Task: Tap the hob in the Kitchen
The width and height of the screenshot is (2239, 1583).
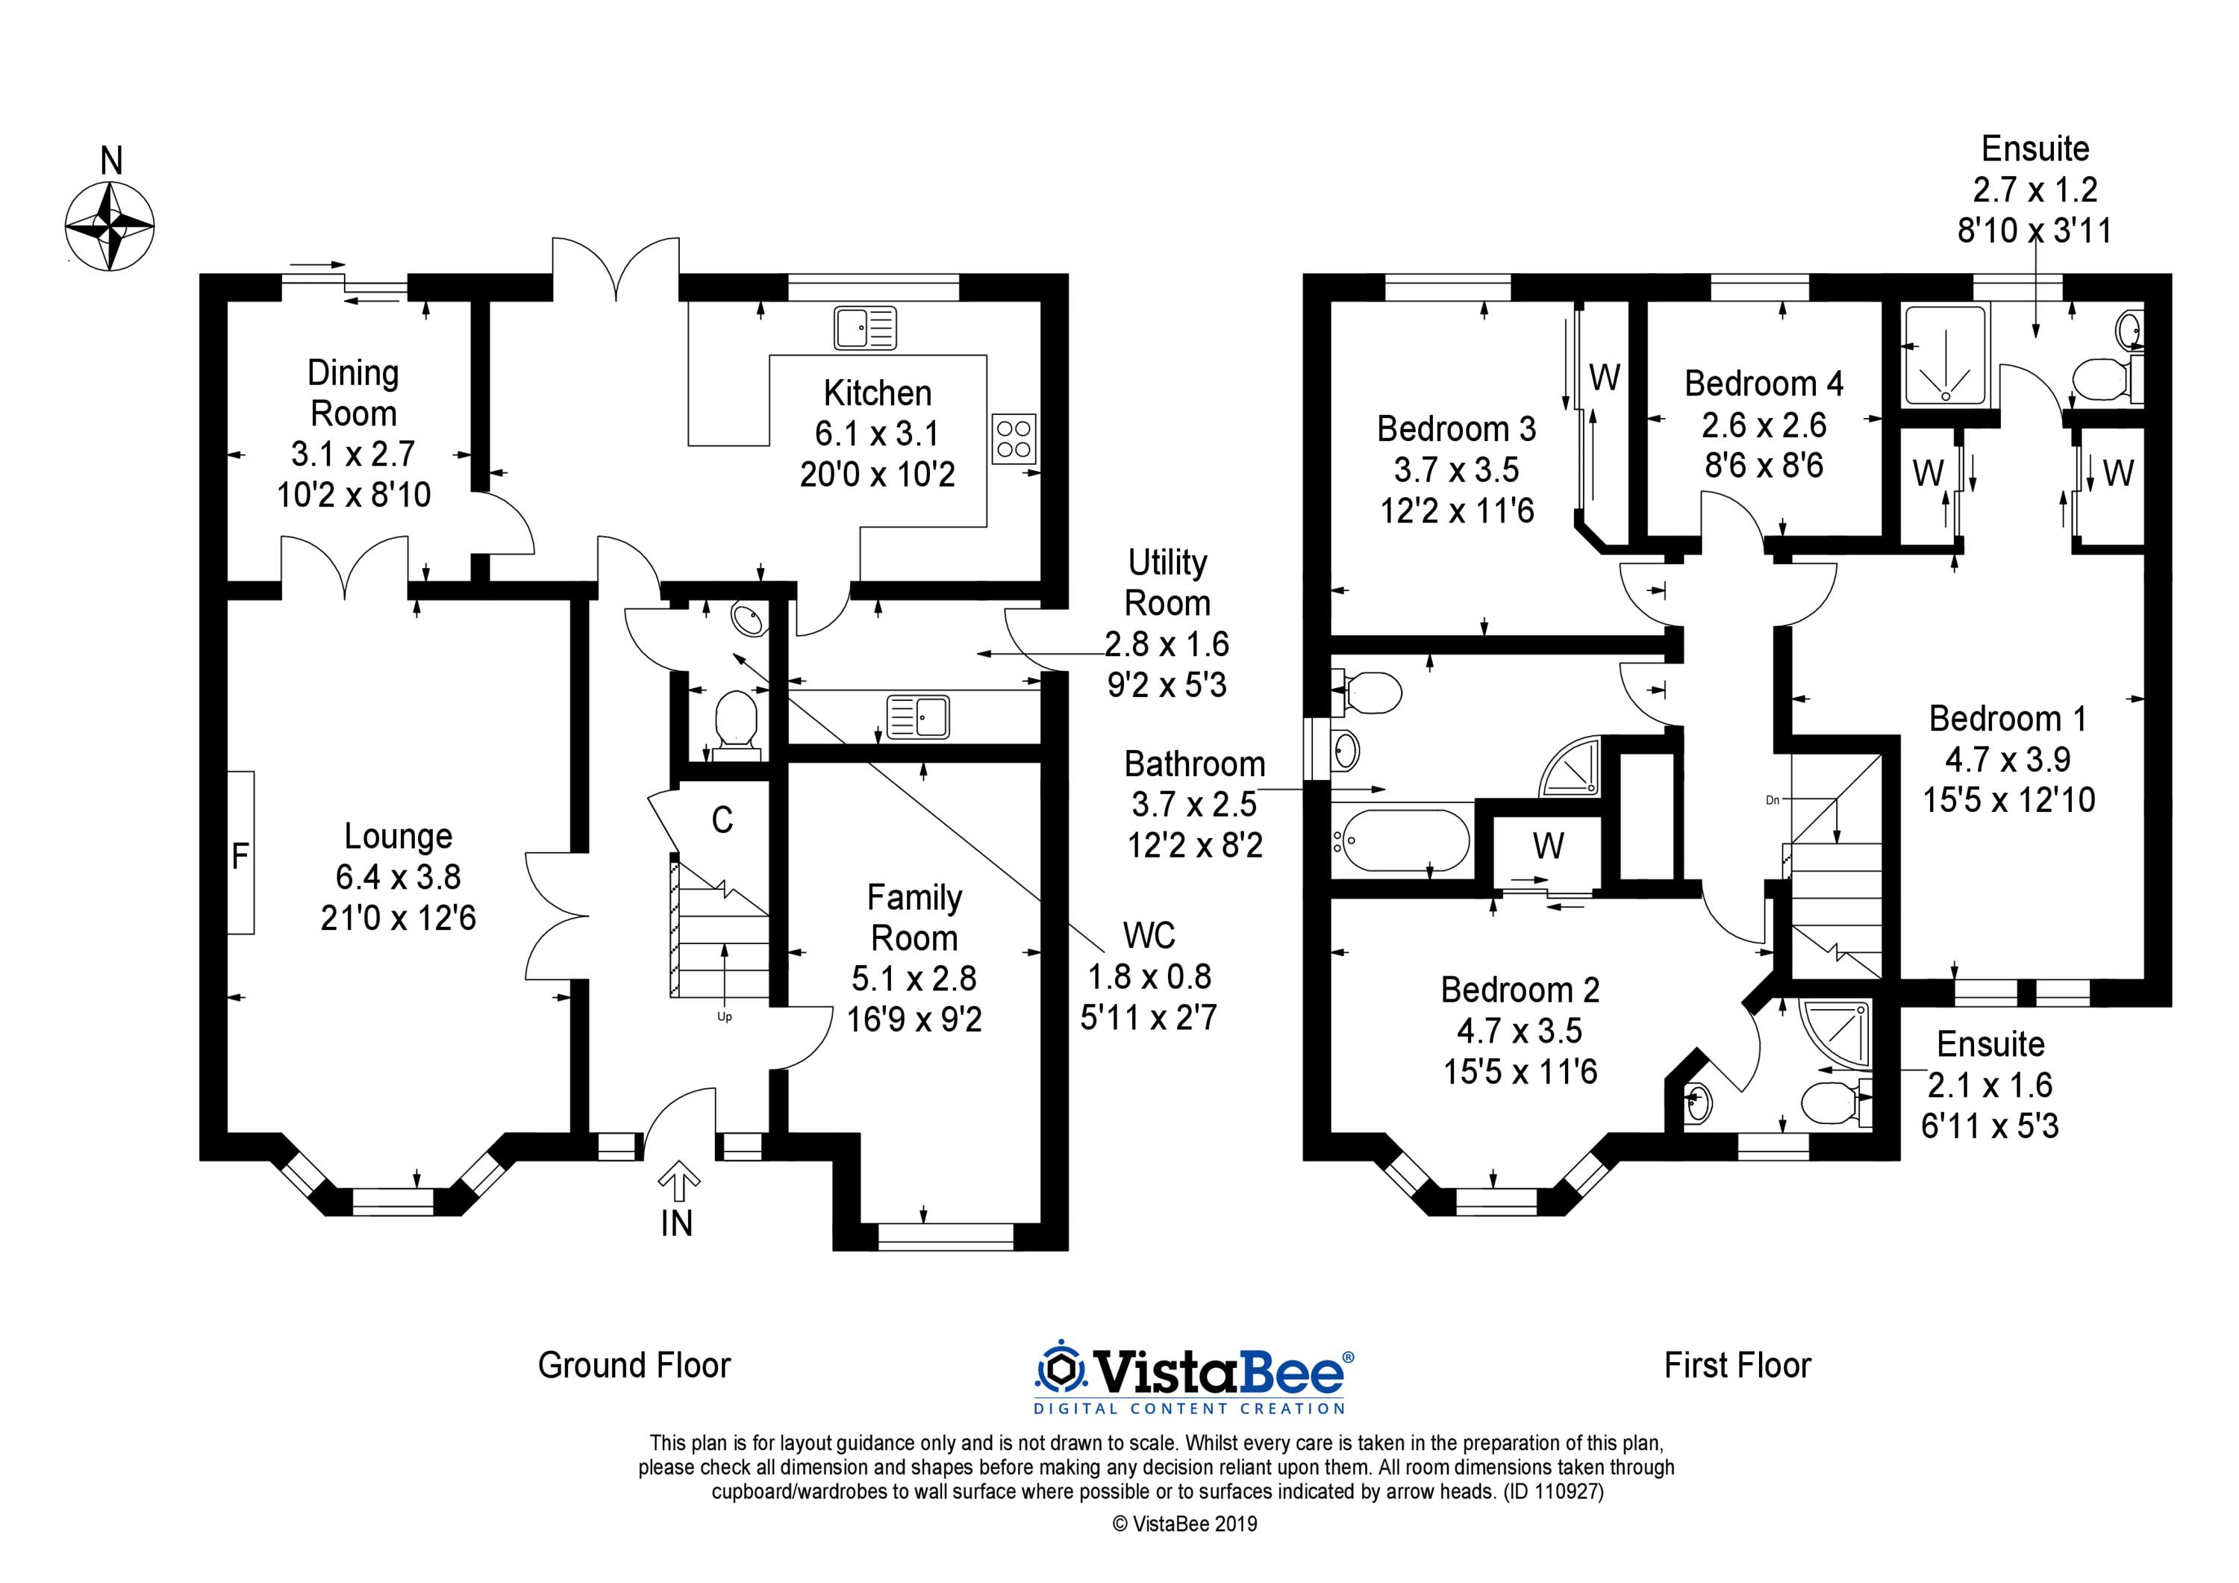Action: tap(1014, 439)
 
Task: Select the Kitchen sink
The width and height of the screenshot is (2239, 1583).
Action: tap(865, 328)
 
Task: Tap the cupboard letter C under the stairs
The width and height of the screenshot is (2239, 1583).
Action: tap(722, 820)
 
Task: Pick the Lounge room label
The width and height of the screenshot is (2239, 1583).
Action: tap(398, 836)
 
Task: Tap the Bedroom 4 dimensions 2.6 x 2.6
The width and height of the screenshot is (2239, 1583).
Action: tap(1764, 425)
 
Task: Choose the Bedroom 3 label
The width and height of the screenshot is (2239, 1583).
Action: tap(1456, 428)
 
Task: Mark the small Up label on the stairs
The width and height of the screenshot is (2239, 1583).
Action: tap(724, 1017)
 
